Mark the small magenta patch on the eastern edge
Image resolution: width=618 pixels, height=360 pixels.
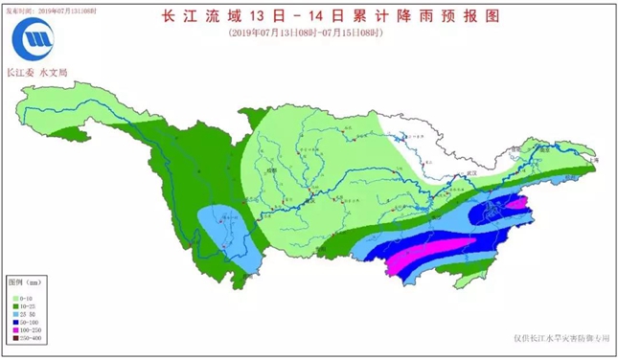[517, 202]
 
